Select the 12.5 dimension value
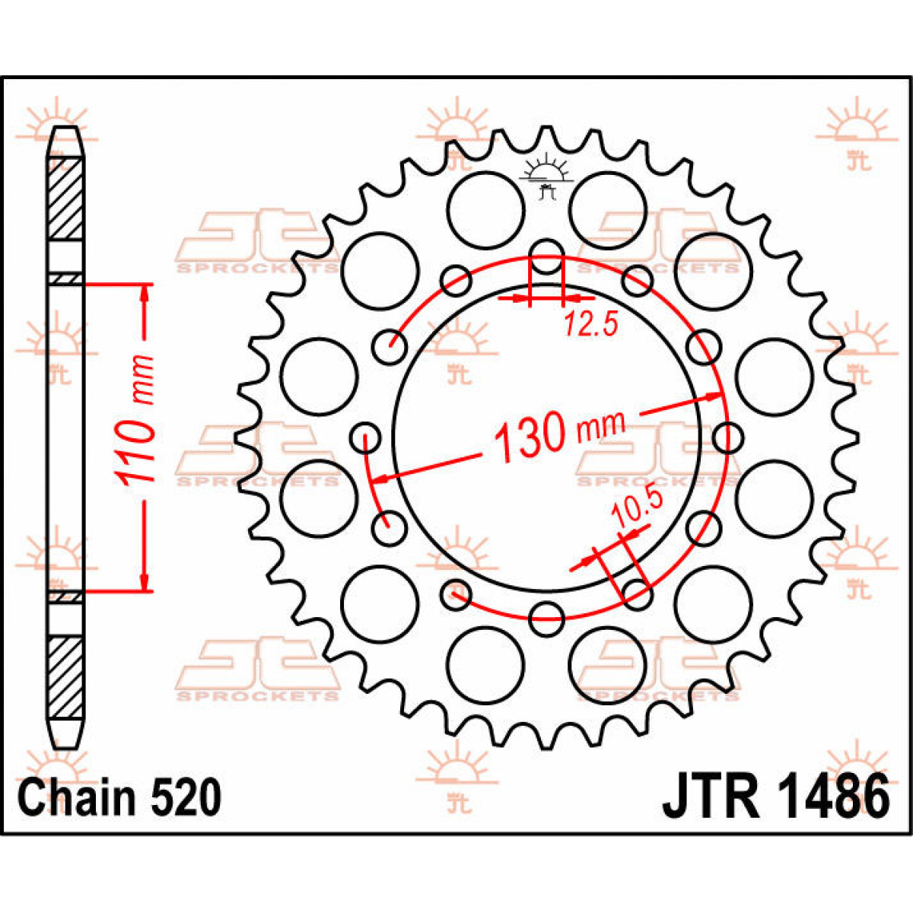[x=590, y=326]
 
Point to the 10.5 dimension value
[x=638, y=510]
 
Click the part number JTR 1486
[x=775, y=797]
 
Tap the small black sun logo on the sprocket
[x=545, y=177]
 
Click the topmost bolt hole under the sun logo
[x=546, y=255]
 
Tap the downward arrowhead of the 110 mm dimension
[x=145, y=582]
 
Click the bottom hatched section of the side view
[x=65, y=677]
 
